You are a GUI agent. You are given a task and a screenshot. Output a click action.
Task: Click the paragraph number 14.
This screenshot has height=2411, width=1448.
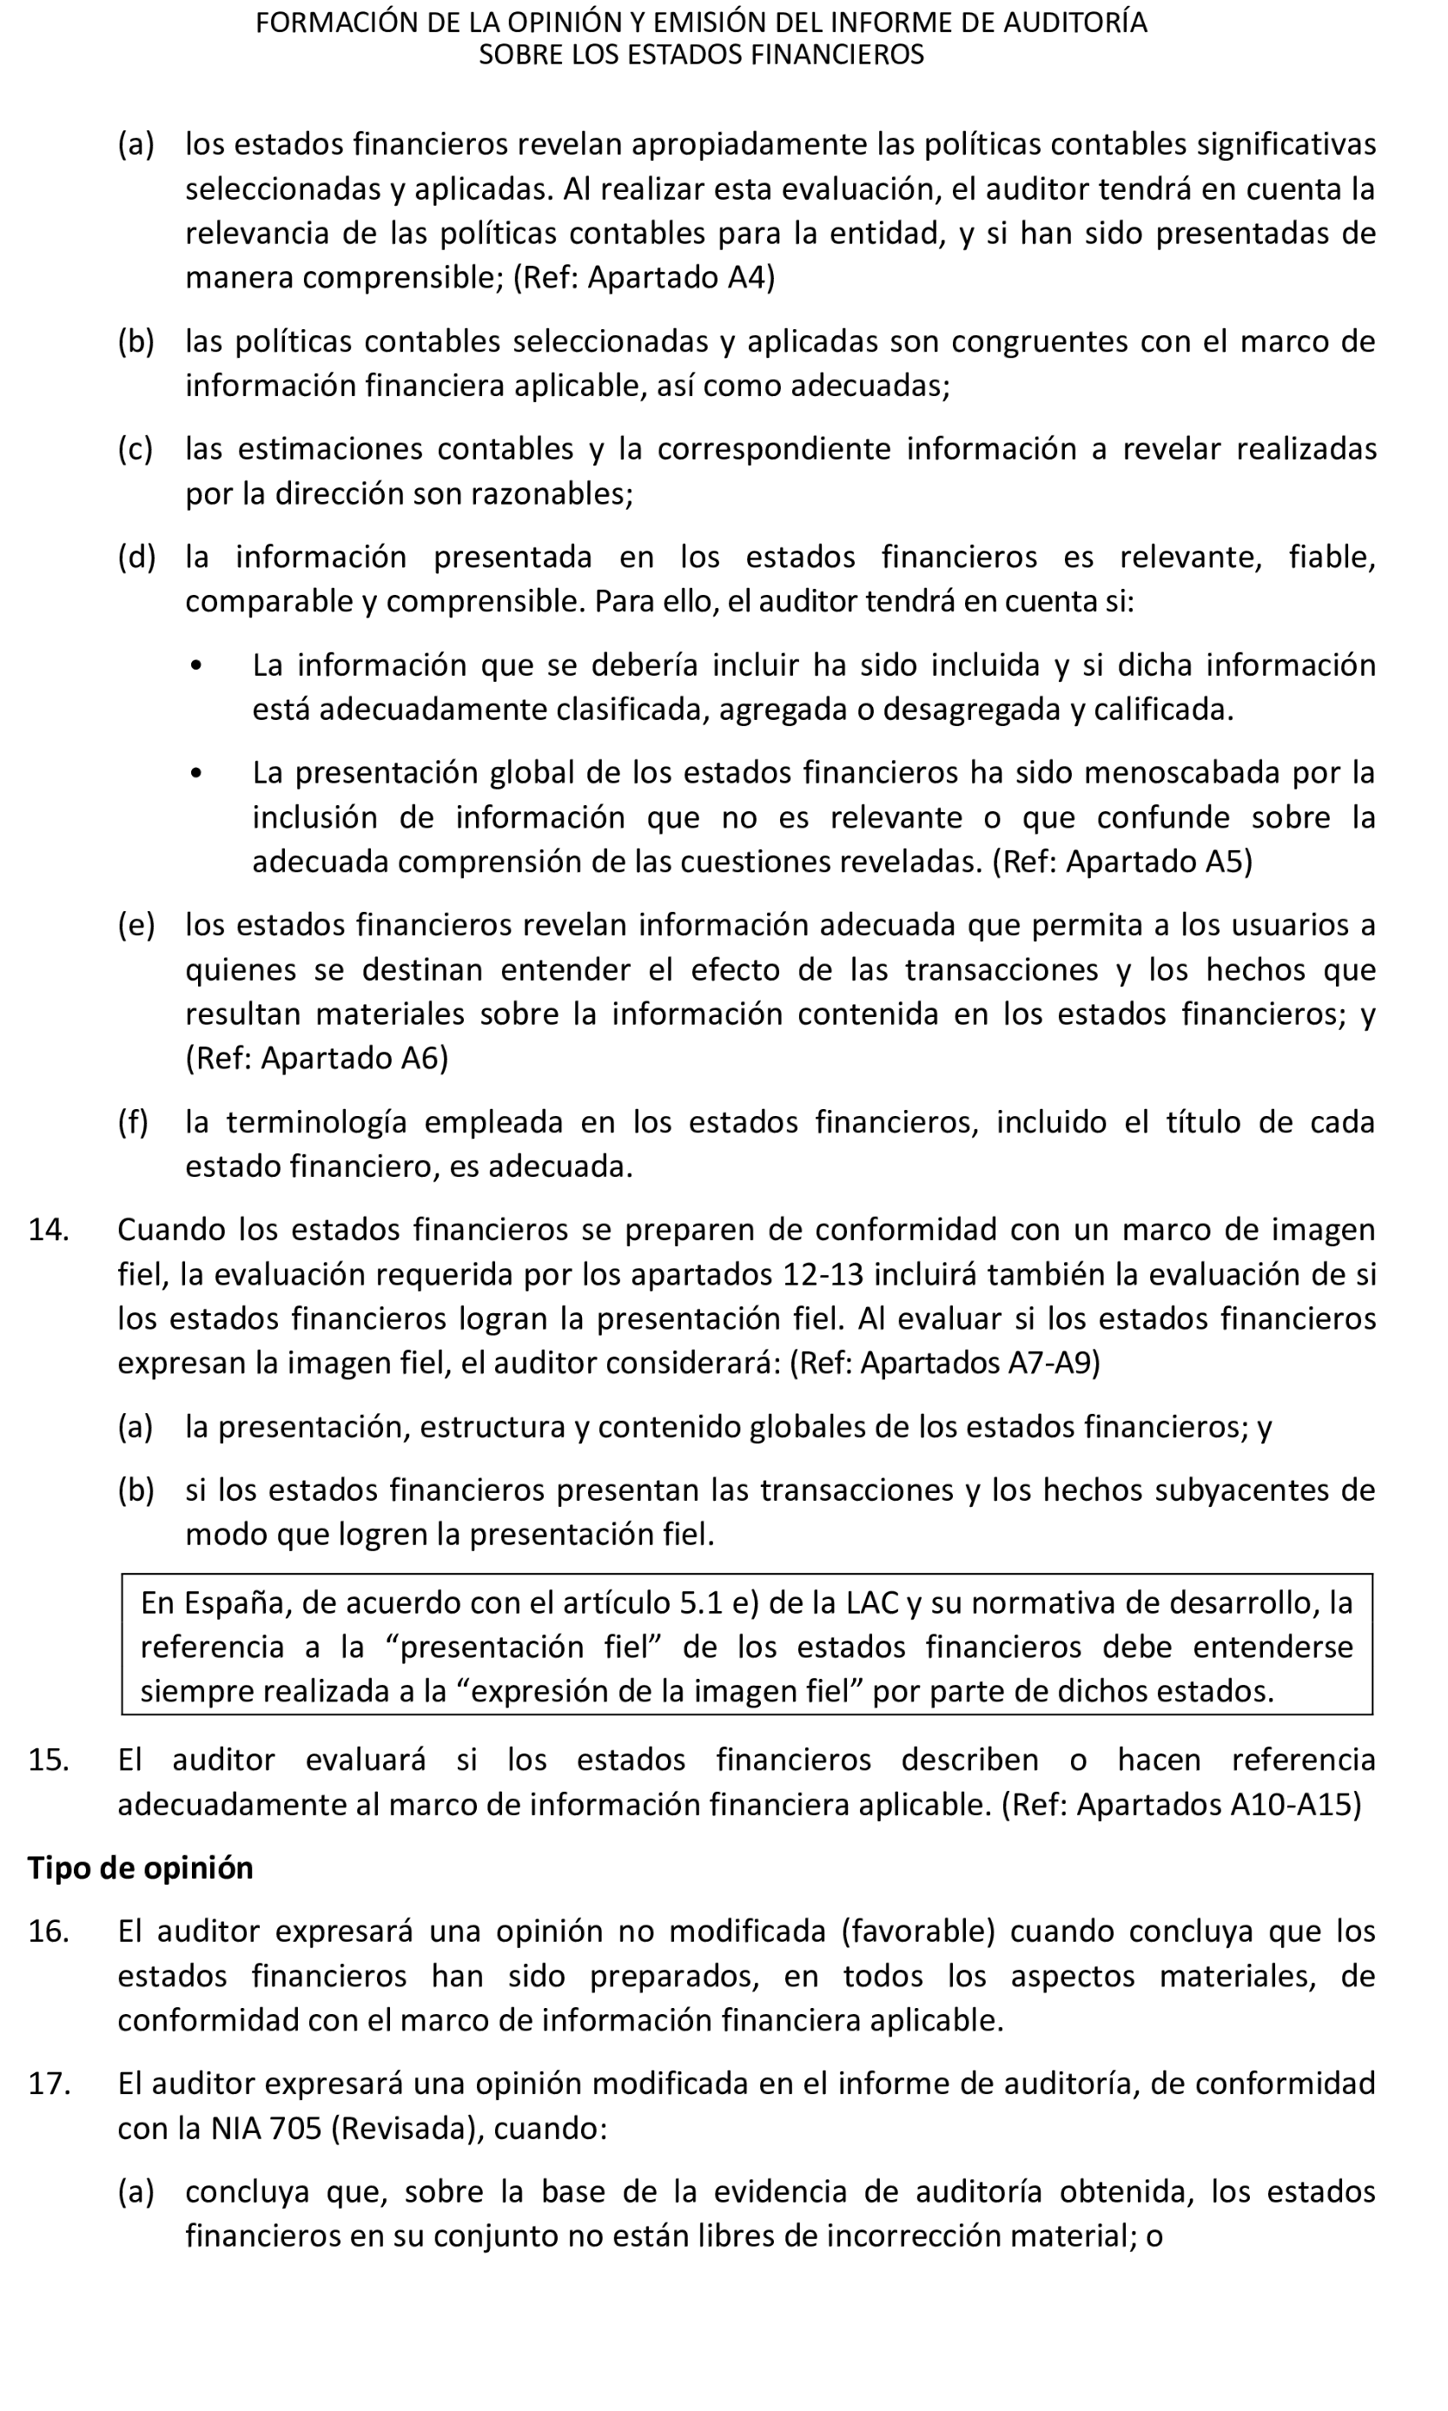(48, 1230)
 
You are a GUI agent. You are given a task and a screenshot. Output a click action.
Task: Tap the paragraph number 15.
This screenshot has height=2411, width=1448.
(48, 1760)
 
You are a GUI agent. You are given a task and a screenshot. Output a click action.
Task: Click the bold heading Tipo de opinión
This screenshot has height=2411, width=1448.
(141, 1868)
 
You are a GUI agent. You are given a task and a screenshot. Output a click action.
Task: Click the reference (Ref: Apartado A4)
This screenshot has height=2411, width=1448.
(644, 278)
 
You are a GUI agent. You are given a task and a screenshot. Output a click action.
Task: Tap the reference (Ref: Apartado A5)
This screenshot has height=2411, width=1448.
(1122, 862)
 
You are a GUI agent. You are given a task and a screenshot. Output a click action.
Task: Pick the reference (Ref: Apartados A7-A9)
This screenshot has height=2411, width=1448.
(944, 1363)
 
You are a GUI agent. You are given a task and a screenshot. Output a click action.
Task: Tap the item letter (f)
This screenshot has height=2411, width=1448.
(134, 1123)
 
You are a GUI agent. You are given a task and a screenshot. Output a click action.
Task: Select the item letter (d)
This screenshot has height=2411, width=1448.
(136, 557)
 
